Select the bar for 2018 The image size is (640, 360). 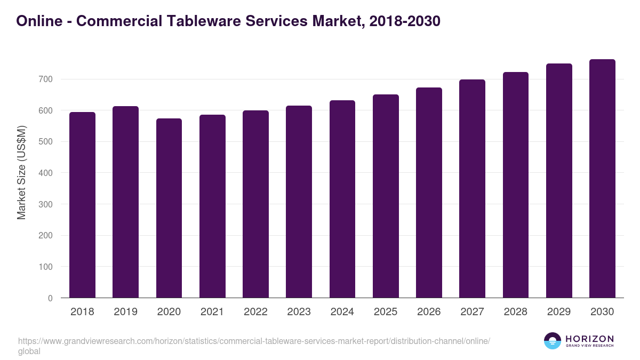82,205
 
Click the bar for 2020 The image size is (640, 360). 169,208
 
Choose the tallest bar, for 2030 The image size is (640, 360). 602,178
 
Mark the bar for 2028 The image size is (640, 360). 515,185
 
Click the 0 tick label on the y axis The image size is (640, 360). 50,298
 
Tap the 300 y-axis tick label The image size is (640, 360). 46,204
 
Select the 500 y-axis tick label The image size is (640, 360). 46,142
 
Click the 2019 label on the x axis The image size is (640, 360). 125,312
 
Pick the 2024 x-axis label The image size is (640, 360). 342,312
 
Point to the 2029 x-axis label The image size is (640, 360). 559,312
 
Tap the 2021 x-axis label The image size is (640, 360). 212,312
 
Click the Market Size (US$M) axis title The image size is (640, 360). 21,172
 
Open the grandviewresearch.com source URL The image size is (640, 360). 254,341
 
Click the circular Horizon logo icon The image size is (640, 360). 553,341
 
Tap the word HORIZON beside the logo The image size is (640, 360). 589,339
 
